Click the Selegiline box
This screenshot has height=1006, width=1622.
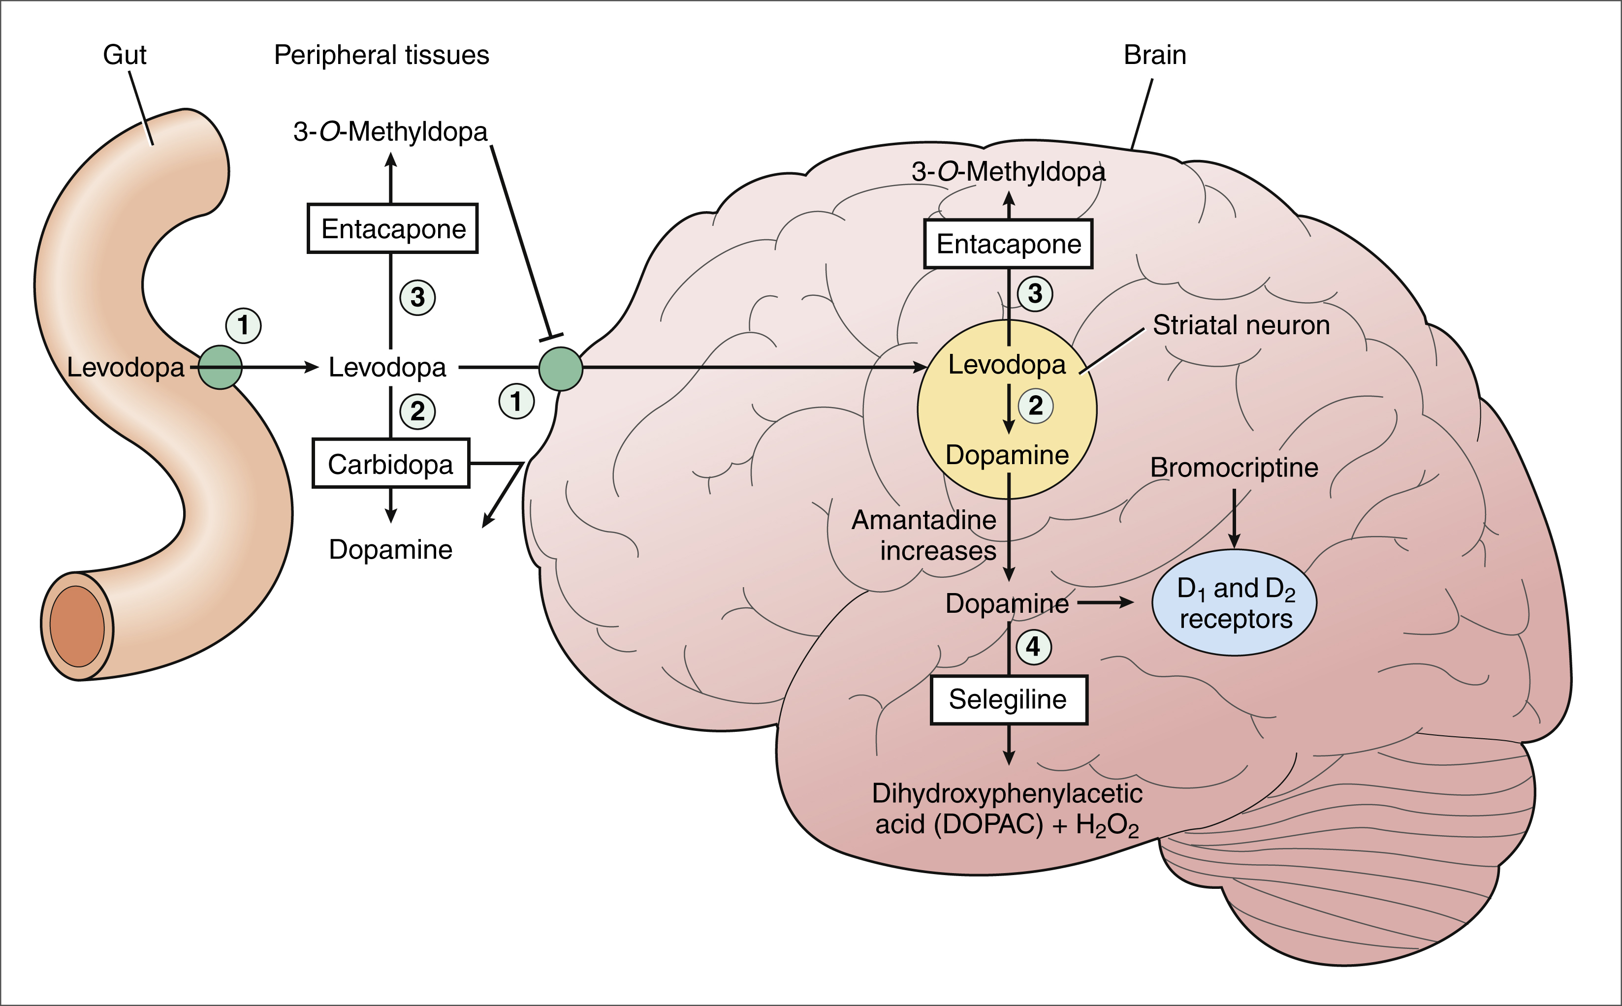pyautogui.click(x=1008, y=700)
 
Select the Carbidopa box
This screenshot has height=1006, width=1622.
pyautogui.click(x=390, y=464)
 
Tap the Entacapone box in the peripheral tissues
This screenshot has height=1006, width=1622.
pyautogui.click(x=392, y=228)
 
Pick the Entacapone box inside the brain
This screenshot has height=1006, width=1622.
pyautogui.click(x=1008, y=244)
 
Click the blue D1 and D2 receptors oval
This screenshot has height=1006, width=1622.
pyautogui.click(x=1234, y=603)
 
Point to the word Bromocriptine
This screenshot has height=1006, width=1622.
pyautogui.click(x=1234, y=468)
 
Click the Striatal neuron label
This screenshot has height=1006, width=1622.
pyautogui.click(x=1241, y=325)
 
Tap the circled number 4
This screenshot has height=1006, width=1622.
pyautogui.click(x=1033, y=646)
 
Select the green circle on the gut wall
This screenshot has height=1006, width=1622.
pyautogui.click(x=220, y=367)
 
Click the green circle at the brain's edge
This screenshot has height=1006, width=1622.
pyautogui.click(x=561, y=369)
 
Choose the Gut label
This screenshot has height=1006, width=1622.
pyautogui.click(x=125, y=55)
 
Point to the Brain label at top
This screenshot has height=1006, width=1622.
pyautogui.click(x=1154, y=55)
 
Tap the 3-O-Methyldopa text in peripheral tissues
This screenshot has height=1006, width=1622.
pyautogui.click(x=390, y=132)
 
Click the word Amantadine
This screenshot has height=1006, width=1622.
pyautogui.click(x=923, y=520)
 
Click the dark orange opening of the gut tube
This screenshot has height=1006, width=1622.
pyautogui.click(x=77, y=626)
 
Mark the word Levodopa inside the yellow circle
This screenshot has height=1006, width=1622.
pyautogui.click(x=1007, y=365)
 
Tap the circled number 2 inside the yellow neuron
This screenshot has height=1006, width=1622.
pyautogui.click(x=1035, y=405)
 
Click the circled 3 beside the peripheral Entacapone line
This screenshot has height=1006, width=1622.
pyautogui.click(x=417, y=297)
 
